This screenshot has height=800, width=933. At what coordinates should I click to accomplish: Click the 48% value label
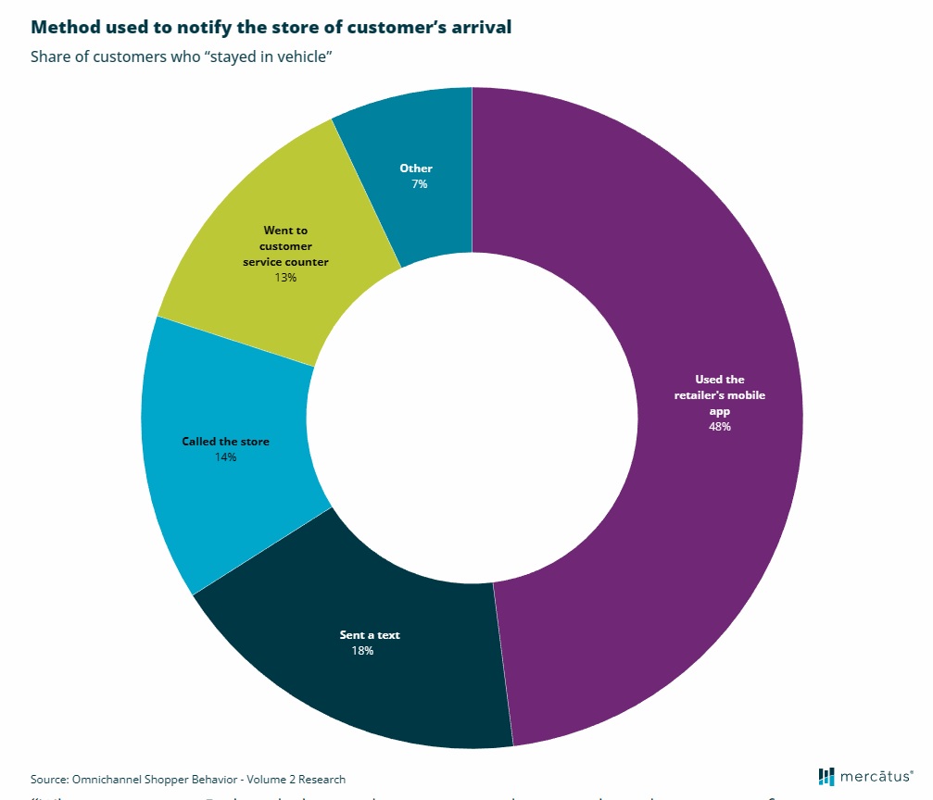pos(720,427)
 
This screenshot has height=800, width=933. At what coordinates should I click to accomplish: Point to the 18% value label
pos(361,651)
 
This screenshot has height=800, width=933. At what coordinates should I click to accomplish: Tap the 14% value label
pos(225,457)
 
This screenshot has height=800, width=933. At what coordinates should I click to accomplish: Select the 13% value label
pos(285,277)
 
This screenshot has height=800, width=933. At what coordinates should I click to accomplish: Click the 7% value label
pos(420,184)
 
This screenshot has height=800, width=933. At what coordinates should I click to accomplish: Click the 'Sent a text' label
pos(370,635)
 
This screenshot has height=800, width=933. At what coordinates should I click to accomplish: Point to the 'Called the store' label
pos(225,442)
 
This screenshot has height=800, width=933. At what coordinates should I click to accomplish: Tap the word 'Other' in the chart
pos(416,169)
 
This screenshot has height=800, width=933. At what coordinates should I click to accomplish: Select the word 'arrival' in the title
pos(478,27)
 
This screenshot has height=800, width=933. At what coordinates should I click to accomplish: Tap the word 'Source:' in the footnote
pos(49,780)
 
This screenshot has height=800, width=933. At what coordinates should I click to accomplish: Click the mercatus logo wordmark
pos(876,775)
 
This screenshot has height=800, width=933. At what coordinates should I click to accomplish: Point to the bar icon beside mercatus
pos(826,775)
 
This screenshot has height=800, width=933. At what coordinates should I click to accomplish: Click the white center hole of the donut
pos(472,417)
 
